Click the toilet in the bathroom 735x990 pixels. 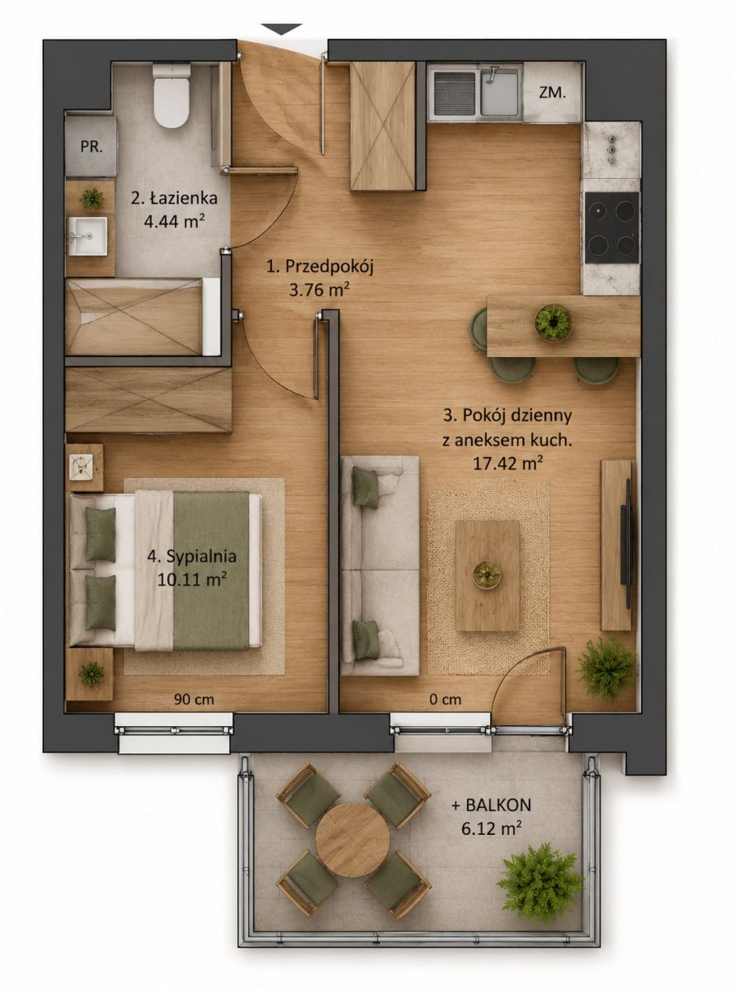[172, 96]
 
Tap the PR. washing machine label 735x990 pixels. [92, 148]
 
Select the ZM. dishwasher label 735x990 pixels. [553, 93]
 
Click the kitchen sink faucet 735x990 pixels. [492, 73]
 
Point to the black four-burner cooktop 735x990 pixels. [612, 228]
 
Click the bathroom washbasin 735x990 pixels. [88, 236]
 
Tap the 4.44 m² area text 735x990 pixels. [172, 221]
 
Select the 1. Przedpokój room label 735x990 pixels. [319, 267]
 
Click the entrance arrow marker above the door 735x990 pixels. [281, 30]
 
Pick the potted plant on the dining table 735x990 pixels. [554, 323]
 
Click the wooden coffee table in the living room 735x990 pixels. [488, 576]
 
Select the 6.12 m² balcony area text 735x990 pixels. [492, 828]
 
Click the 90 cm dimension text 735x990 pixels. [194, 700]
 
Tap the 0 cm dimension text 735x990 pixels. [445, 700]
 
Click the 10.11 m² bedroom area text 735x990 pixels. [192, 580]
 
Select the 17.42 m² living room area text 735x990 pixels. [507, 464]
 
